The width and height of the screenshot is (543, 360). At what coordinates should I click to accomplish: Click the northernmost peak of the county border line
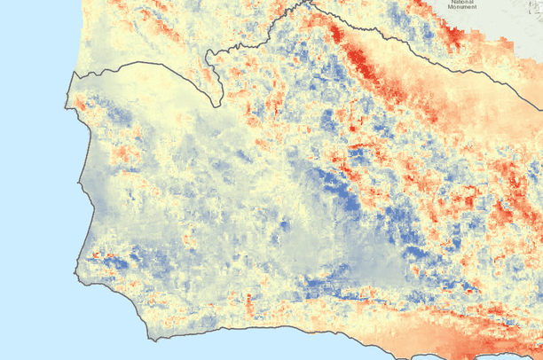pyautogui.click(x=311, y=2)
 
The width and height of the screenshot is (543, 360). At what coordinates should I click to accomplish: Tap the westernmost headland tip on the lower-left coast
pyautogui.click(x=81, y=257)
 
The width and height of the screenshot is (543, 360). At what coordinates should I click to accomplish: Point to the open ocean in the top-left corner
pyautogui.click(x=27, y=27)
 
